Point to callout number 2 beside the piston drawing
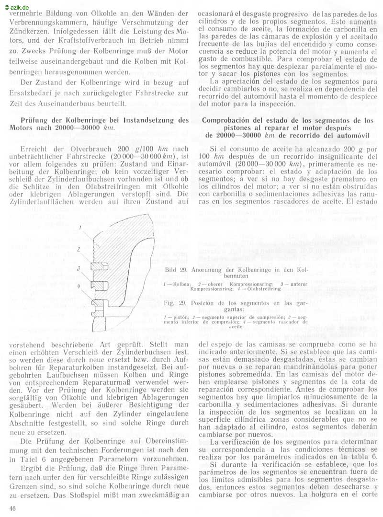coord(78,249)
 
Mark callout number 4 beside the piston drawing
coord(78,286)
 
